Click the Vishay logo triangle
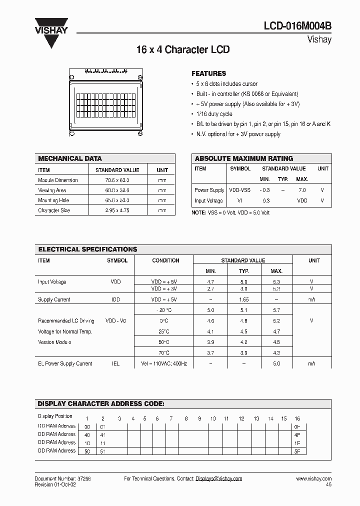point(51,34)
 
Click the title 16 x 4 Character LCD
point(183,50)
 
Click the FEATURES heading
point(208,73)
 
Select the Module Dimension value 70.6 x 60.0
point(117,180)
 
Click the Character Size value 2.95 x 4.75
point(117,210)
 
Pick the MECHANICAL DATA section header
point(70,158)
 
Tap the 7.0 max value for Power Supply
point(302,190)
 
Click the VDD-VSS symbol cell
point(239,190)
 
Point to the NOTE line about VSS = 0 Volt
point(230,212)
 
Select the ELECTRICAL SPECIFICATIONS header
point(87,249)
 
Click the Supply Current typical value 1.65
point(244,299)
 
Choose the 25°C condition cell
point(164,331)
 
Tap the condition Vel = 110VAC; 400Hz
point(164,363)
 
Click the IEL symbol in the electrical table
point(115,363)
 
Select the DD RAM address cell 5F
point(297,451)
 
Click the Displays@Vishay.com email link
point(218,478)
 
